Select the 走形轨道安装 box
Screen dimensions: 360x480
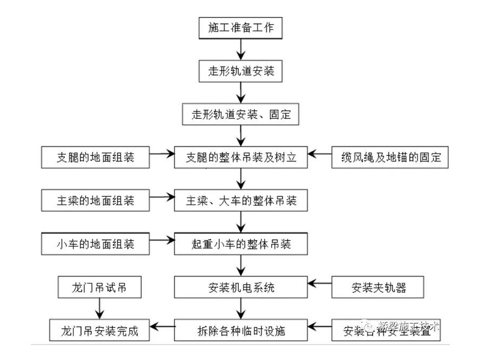[240, 71]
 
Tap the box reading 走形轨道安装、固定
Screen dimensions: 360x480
[240, 114]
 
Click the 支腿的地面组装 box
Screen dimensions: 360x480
[95, 158]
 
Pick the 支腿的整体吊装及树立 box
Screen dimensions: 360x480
[240, 158]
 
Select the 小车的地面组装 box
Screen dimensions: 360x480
[95, 244]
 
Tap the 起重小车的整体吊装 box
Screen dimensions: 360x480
[240, 244]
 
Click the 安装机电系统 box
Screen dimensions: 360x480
[240, 287]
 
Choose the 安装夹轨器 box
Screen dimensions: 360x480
[379, 287]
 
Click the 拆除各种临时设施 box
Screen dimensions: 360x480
[240, 331]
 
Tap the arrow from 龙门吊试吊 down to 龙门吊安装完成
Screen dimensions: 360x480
[99, 309]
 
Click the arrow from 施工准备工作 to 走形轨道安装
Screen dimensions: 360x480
[240, 49]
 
